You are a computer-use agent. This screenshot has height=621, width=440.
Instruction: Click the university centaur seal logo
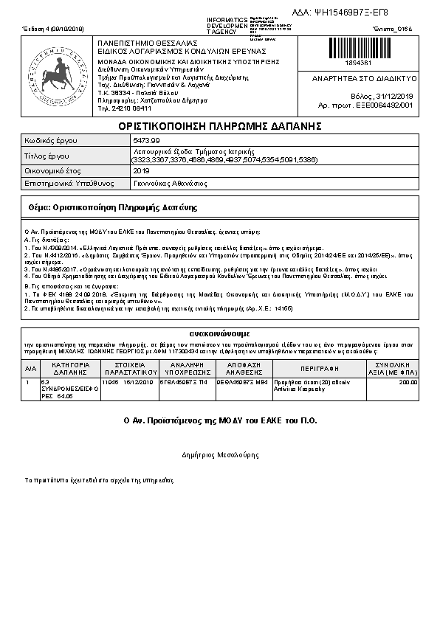pyautogui.click(x=58, y=75)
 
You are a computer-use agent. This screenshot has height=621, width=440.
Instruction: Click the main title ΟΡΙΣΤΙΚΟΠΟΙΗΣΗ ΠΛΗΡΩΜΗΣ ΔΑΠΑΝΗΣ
pyautogui.click(x=220, y=125)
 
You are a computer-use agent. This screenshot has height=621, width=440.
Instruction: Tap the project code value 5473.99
pyautogui.click(x=145, y=139)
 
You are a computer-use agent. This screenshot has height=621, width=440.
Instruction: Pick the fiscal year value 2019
pyautogui.click(x=141, y=170)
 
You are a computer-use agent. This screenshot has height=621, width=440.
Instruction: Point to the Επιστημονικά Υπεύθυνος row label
pyautogui.click(x=66, y=183)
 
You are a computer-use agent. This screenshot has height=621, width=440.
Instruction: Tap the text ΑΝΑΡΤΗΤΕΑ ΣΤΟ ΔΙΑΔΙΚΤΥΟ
pyautogui.click(x=364, y=78)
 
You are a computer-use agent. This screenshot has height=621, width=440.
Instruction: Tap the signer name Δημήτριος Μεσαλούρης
pyautogui.click(x=219, y=456)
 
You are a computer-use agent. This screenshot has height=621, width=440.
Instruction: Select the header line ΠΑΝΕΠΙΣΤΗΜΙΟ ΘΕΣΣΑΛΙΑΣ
pyautogui.click(x=138, y=43)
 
